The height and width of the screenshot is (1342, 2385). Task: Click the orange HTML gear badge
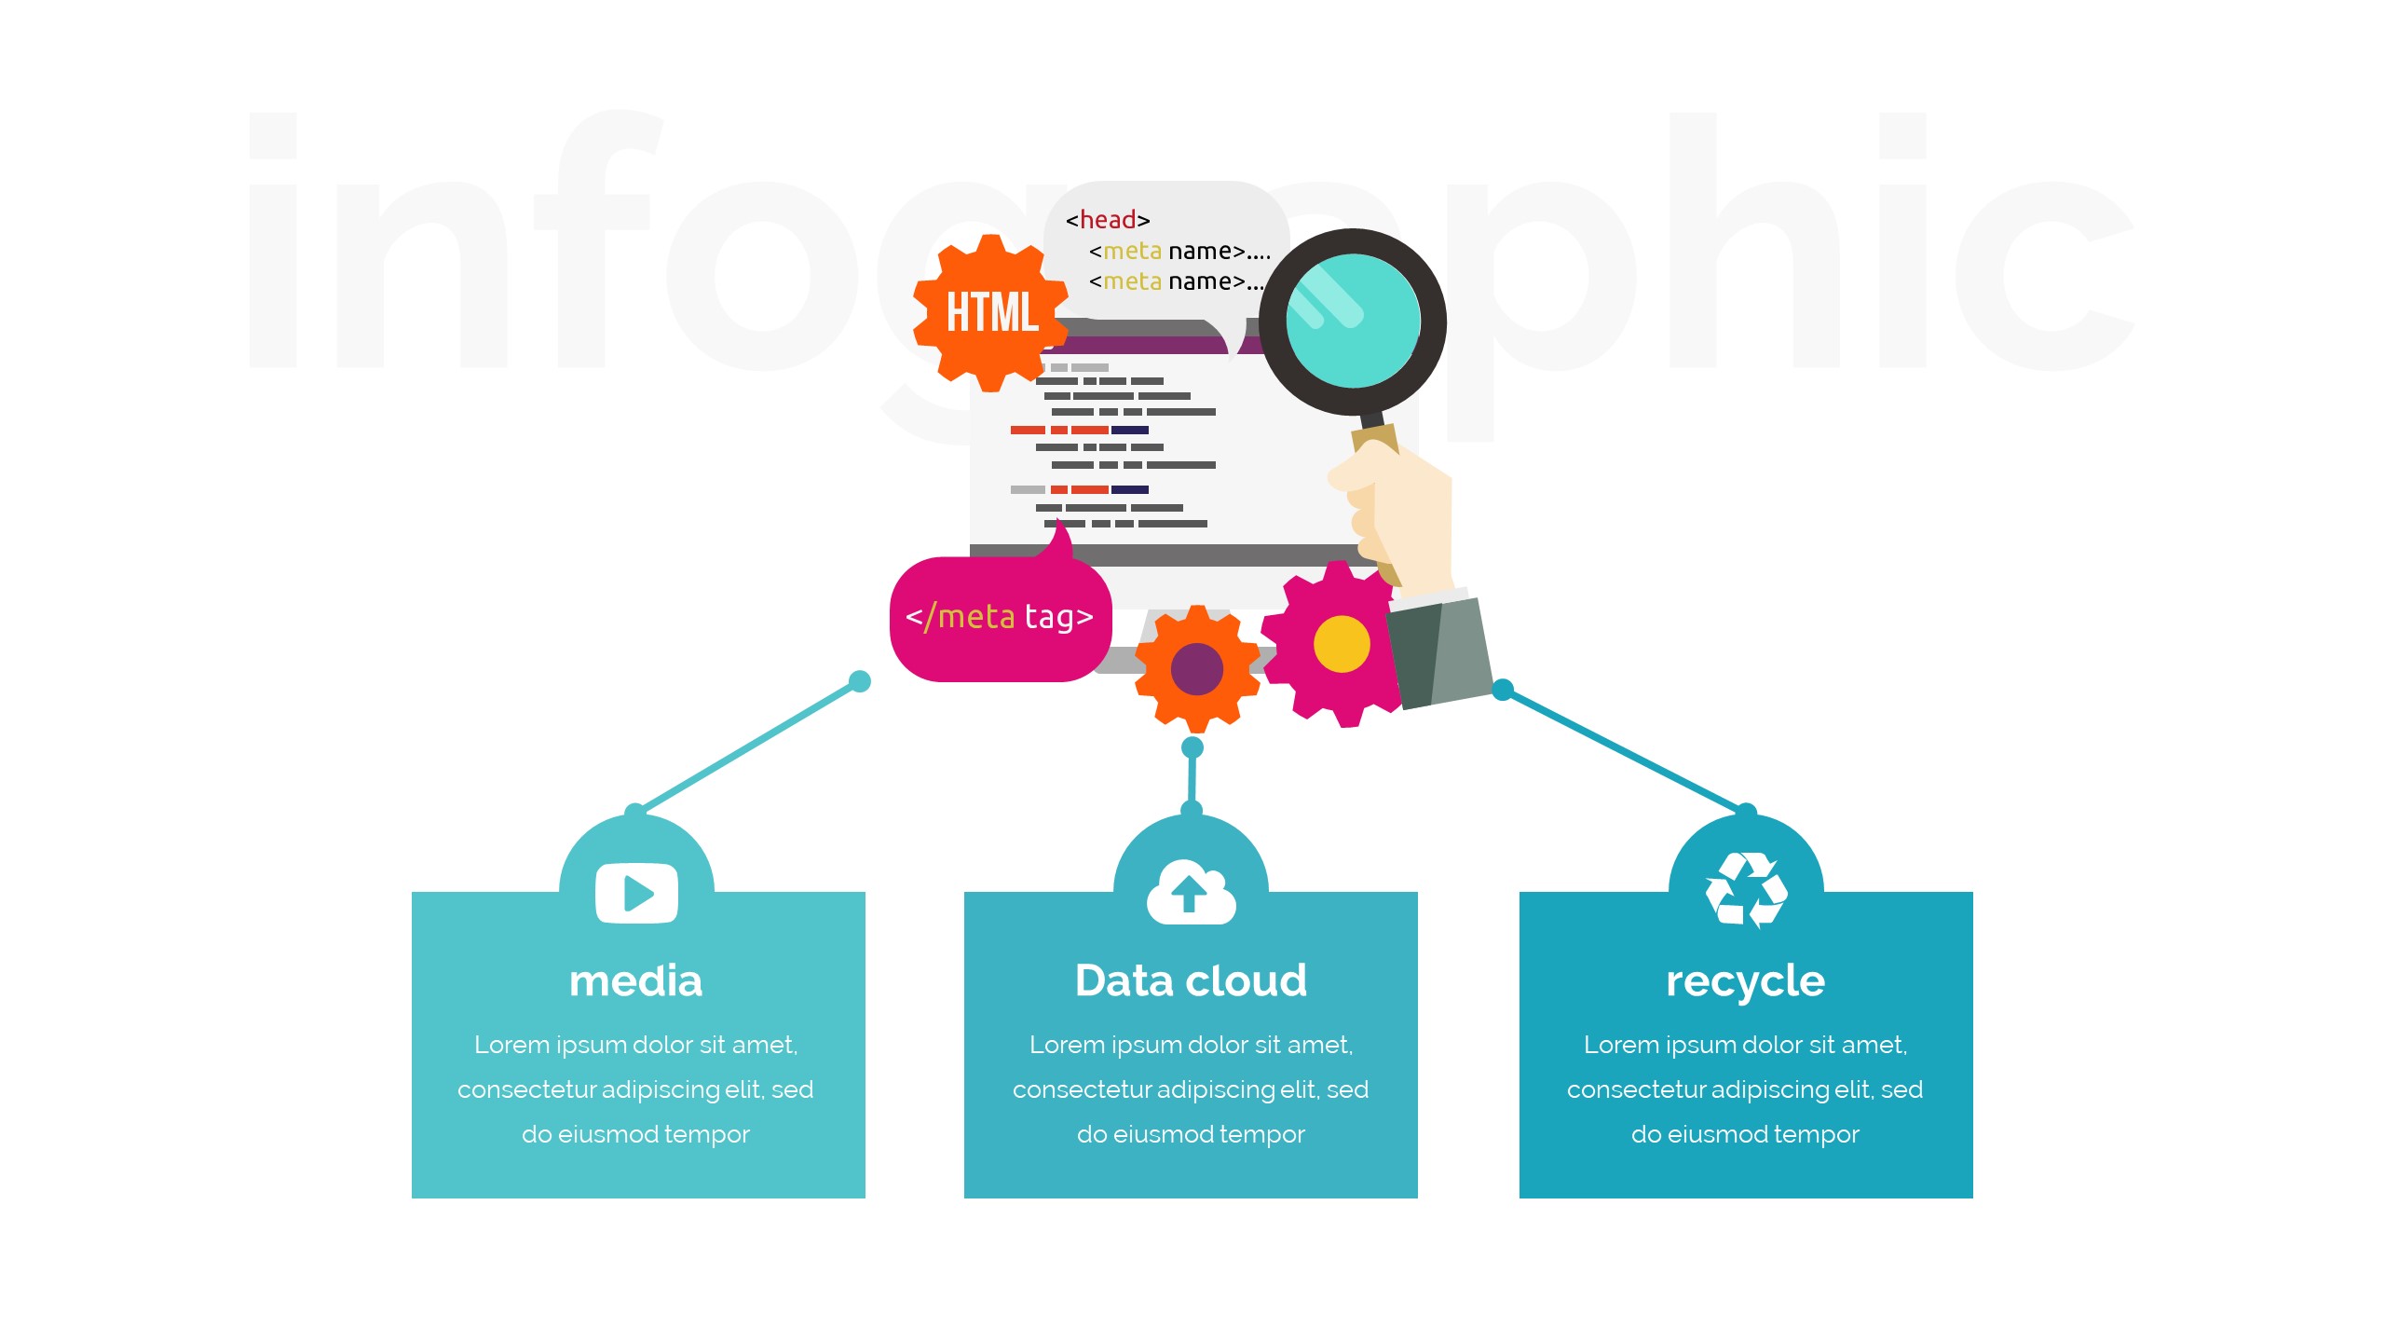point(990,312)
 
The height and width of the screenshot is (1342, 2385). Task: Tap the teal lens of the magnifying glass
point(1353,322)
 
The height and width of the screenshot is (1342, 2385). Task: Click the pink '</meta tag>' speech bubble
point(1000,618)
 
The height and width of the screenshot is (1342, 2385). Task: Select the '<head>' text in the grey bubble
point(1108,220)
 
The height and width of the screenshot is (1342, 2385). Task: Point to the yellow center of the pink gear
point(1342,644)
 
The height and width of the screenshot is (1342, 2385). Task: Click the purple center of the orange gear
point(1196,668)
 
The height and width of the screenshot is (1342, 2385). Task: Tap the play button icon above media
point(636,893)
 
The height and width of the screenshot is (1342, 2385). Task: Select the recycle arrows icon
point(1746,890)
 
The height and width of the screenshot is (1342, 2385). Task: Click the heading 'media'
point(636,981)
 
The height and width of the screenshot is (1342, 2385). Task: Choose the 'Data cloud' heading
point(1191,981)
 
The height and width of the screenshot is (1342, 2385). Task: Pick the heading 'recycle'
point(1745,981)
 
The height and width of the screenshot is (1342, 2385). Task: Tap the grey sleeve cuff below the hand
point(1439,652)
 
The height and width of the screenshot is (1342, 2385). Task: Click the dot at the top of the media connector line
point(860,681)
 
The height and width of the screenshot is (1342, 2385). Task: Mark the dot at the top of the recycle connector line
point(1503,690)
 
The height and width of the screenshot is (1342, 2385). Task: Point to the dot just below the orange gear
point(1192,747)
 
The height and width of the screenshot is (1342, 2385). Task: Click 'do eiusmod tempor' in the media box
point(635,1134)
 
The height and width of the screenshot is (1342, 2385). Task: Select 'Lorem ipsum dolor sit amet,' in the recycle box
point(1745,1045)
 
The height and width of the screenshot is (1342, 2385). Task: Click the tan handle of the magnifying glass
point(1375,438)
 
